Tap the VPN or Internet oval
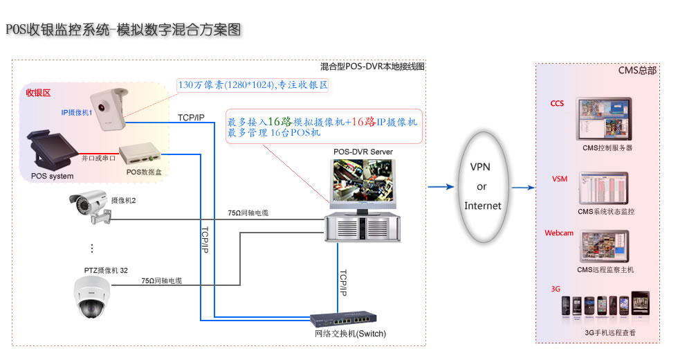coord(482,186)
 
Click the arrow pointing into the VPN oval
coord(440,186)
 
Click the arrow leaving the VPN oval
coord(523,186)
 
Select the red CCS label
coord(557,104)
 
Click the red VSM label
coord(559,179)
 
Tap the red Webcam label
coord(559,233)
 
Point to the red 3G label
coord(555,289)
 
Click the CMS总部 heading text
coord(637,71)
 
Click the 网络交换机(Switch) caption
coord(350,334)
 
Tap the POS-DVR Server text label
coord(363,152)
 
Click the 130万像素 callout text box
coord(253,85)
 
